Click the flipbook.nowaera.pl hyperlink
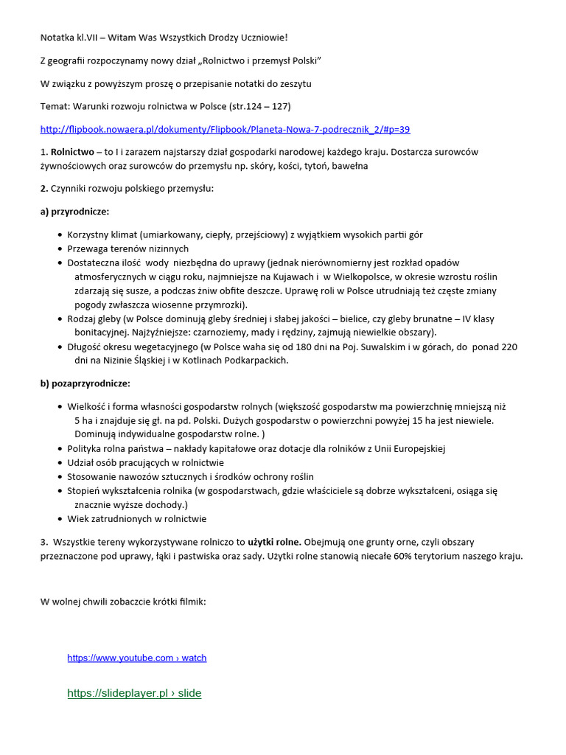(225, 129)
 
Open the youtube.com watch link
(137, 658)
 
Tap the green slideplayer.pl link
(134, 693)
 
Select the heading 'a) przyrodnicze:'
(74, 212)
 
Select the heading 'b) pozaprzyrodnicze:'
(85, 383)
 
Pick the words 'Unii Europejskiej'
(408, 448)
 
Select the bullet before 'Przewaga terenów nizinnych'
(60, 249)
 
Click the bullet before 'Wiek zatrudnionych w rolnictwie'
(60, 519)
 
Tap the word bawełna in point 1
(349, 166)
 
